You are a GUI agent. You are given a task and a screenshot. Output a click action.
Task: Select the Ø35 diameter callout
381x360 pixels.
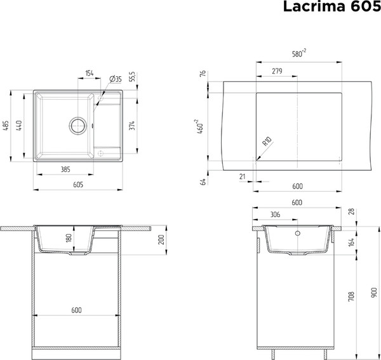115,78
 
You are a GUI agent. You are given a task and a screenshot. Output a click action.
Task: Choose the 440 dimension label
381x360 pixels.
20,126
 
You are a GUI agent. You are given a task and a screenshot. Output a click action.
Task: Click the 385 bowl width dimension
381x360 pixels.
65,170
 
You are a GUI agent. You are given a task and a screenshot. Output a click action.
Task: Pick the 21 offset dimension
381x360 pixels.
243,176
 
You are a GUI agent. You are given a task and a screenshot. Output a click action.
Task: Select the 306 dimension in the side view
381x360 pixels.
275,215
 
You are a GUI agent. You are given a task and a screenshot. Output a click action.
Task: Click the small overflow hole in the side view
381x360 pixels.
297,233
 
